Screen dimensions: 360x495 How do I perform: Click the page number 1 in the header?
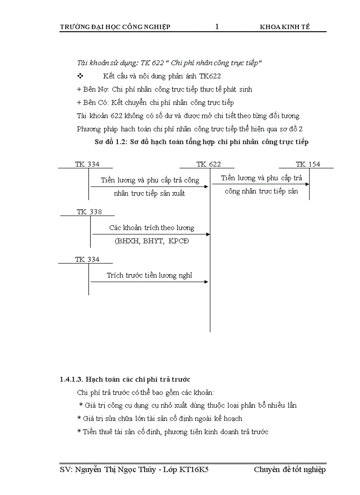pos(217,27)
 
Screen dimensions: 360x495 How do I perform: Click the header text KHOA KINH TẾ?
pos(285,27)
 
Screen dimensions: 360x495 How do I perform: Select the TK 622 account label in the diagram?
pos(209,164)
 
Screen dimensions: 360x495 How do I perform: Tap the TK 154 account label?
pos(308,164)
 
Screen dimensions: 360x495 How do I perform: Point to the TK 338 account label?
pos(89,212)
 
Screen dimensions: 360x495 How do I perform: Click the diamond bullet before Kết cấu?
pos(80,76)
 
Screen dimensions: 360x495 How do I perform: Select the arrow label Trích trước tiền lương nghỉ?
pos(150,275)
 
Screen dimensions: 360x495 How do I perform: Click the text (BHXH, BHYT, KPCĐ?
pos(150,242)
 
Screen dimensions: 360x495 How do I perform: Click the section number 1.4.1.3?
pos(71,379)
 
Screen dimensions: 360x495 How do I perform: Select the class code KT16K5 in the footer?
pos(194,470)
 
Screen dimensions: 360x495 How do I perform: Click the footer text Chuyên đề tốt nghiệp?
pos(290,470)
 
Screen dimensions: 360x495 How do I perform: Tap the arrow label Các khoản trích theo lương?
pos(152,228)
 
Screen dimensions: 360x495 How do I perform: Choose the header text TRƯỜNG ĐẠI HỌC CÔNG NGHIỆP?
pos(115,27)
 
